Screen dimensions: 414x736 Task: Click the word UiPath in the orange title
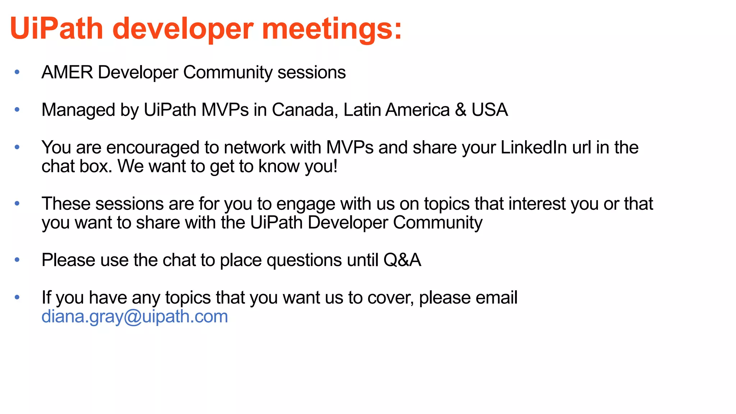tap(57, 29)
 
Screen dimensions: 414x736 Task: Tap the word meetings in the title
tap(331, 29)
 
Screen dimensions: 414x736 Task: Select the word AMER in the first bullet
tap(67, 72)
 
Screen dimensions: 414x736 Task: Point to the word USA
tap(489, 110)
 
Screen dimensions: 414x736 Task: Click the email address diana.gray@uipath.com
tap(135, 316)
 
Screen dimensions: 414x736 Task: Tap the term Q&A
tap(402, 260)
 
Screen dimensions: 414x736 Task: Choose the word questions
tap(304, 260)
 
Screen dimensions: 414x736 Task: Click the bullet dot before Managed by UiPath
tap(17, 110)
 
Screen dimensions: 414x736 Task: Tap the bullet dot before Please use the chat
tap(17, 260)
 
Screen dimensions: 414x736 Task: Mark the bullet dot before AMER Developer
tap(17, 72)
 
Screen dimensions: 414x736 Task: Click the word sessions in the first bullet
tap(312, 72)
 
